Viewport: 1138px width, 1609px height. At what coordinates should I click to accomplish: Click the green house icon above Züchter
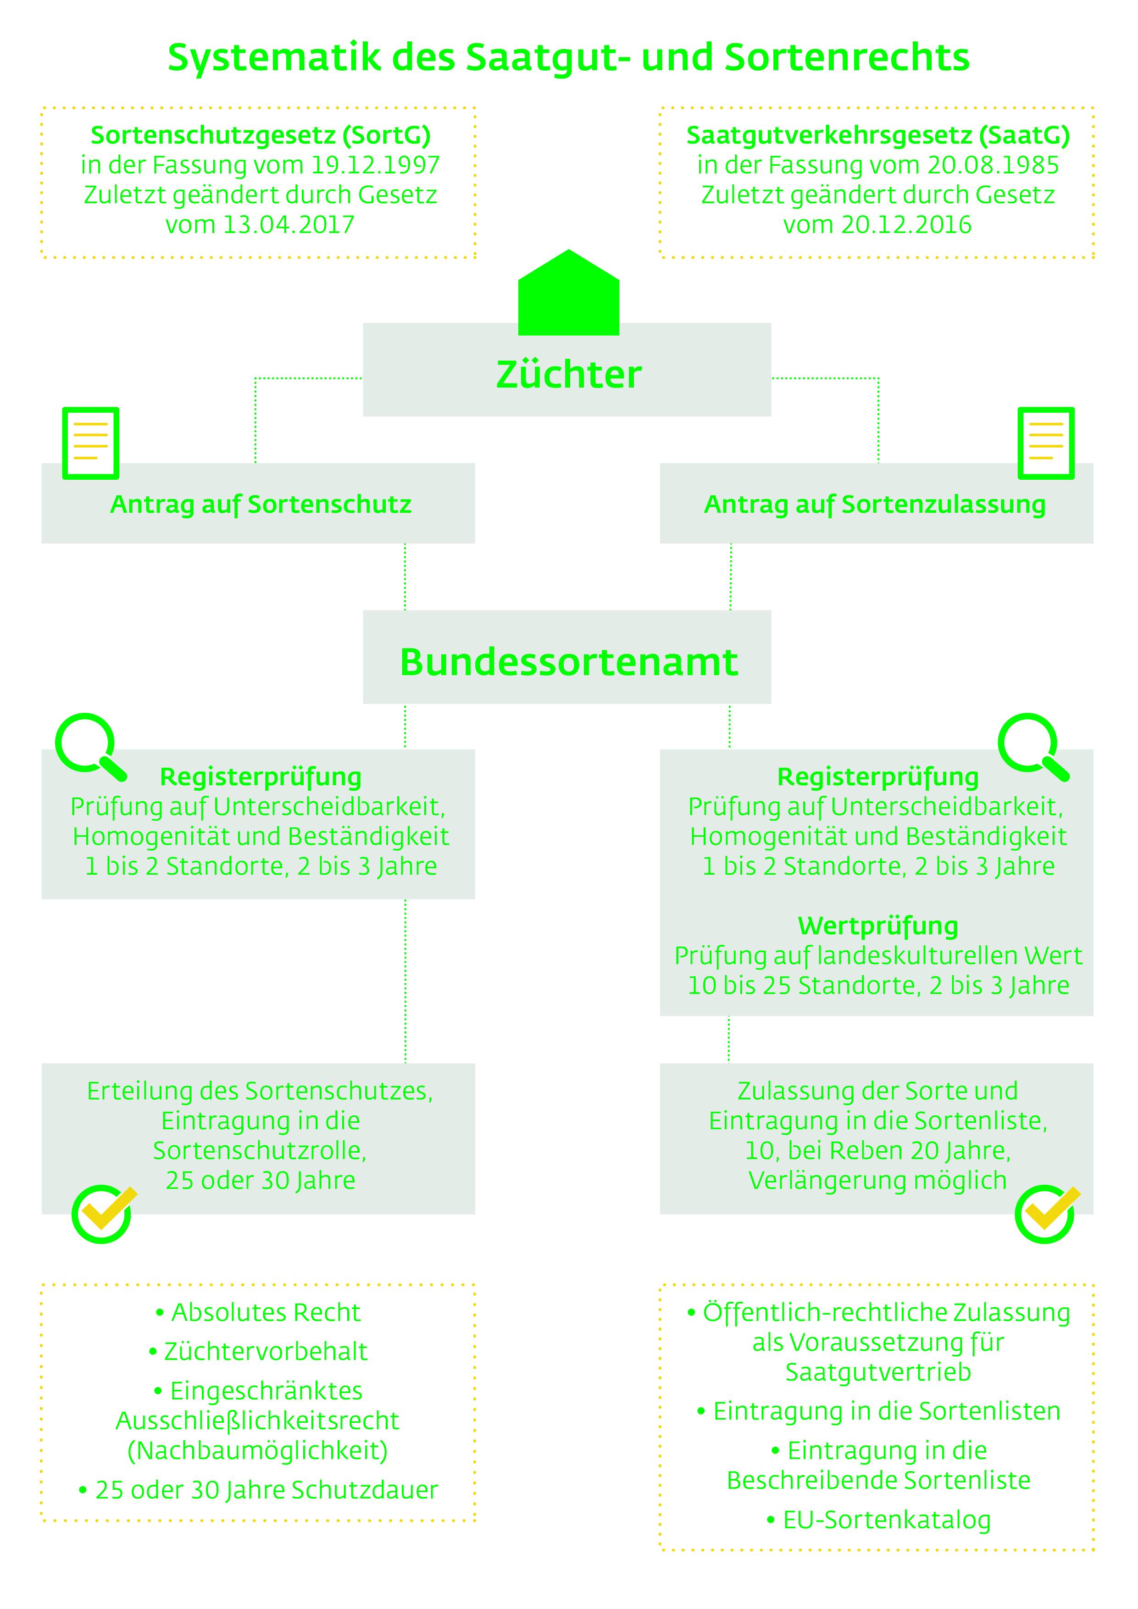coord(568,293)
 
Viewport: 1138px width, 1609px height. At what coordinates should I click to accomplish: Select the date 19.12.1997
coord(375,166)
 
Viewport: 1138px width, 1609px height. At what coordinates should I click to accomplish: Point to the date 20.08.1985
coord(993,166)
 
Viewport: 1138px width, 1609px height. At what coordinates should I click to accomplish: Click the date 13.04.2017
coord(288,225)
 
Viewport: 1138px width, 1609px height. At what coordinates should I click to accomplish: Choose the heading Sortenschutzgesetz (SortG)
coord(261,135)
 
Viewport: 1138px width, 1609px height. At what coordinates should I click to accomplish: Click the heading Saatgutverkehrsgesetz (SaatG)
coord(878,135)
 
